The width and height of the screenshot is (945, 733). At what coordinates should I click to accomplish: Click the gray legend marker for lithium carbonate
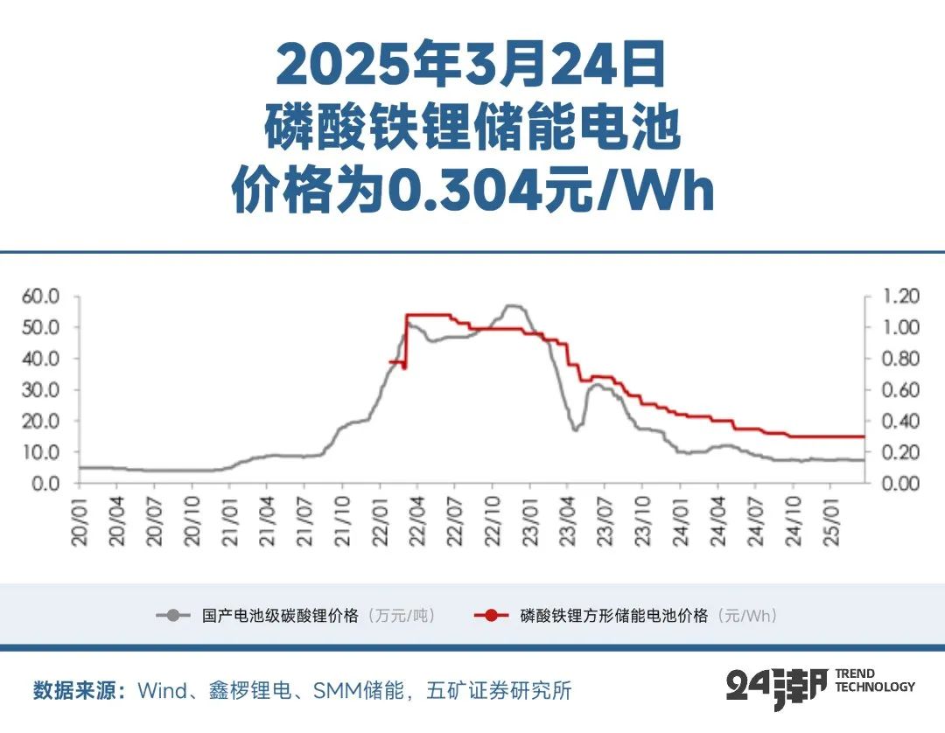click(x=173, y=616)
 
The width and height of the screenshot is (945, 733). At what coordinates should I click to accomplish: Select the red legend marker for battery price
click(x=492, y=616)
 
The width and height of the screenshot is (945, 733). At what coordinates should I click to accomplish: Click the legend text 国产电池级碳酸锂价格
click(x=280, y=616)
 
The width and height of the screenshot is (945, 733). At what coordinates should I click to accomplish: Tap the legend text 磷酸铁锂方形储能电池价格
click(x=613, y=616)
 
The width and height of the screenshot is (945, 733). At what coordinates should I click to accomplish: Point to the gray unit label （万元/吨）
click(x=401, y=616)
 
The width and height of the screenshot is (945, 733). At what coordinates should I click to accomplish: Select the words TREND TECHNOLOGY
click(x=874, y=681)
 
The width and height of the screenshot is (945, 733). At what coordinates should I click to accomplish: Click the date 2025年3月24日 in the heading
click(x=472, y=64)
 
